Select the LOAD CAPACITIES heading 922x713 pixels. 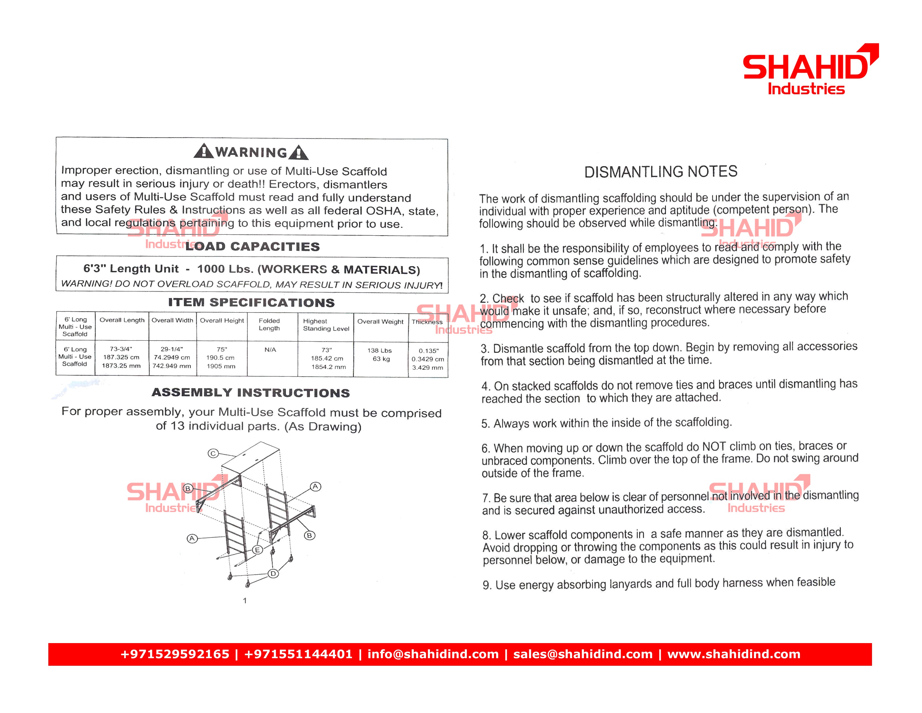[x=253, y=246]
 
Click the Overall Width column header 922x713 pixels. [x=172, y=320]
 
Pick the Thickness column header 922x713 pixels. [x=427, y=322]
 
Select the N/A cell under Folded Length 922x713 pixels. [x=270, y=350]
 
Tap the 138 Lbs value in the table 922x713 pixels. [x=379, y=351]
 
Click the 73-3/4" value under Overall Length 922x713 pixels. [x=121, y=349]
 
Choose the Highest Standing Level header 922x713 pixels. [x=326, y=325]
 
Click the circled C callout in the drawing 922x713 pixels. [x=213, y=454]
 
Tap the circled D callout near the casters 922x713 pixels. [x=274, y=573]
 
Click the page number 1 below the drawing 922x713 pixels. [x=245, y=601]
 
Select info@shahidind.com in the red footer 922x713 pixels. [x=433, y=654]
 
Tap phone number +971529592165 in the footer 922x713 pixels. [x=175, y=654]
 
